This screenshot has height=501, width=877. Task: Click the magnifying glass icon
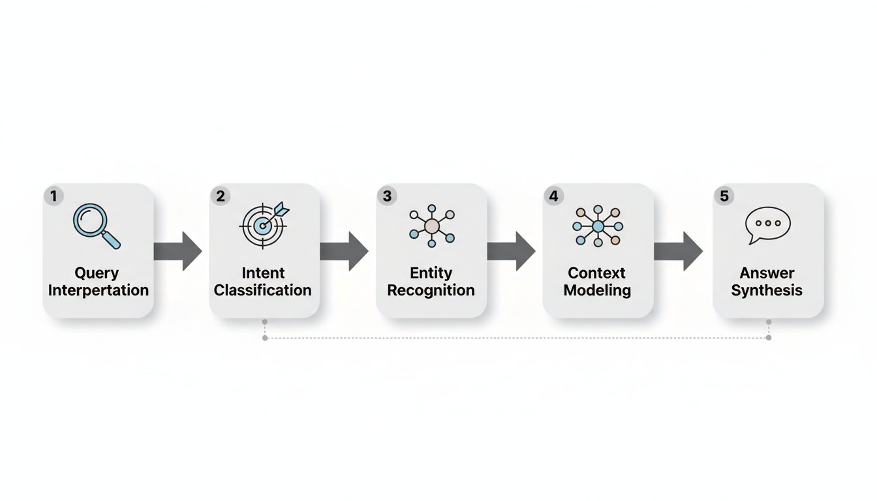pyautogui.click(x=97, y=226)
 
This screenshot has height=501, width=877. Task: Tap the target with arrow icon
pyautogui.click(x=264, y=225)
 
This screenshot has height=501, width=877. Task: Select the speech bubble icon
pyautogui.click(x=767, y=225)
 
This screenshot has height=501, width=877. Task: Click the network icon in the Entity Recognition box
pyautogui.click(x=431, y=226)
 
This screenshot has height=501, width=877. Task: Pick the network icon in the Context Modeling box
pyautogui.click(x=598, y=226)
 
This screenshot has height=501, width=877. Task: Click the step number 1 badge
pyautogui.click(x=54, y=196)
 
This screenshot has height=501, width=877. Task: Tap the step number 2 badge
pyautogui.click(x=221, y=196)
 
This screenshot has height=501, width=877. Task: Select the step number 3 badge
pyautogui.click(x=388, y=196)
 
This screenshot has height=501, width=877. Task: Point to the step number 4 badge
pyautogui.click(x=554, y=196)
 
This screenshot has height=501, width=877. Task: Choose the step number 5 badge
pyautogui.click(x=724, y=196)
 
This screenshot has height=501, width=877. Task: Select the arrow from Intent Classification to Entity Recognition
pyautogui.click(x=345, y=251)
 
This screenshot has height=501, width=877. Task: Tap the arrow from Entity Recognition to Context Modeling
pyautogui.click(x=512, y=251)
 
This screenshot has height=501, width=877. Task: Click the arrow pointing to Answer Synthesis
pyautogui.click(x=679, y=251)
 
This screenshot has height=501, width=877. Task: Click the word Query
pyautogui.click(x=97, y=273)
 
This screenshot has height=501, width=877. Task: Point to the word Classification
pyautogui.click(x=263, y=290)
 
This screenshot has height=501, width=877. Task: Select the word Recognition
pyautogui.click(x=431, y=290)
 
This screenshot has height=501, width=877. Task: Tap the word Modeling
pyautogui.click(x=597, y=290)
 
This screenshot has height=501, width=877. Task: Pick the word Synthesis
pyautogui.click(x=767, y=290)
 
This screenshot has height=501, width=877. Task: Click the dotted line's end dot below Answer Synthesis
pyautogui.click(x=769, y=337)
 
